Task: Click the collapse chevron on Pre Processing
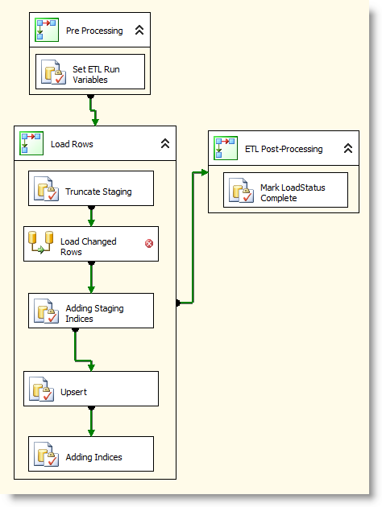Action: click(139, 30)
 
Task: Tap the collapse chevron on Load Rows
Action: click(165, 143)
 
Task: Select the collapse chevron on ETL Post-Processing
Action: click(348, 148)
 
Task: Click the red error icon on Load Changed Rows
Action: click(149, 243)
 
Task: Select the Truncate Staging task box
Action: click(91, 188)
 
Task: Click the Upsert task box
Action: click(91, 389)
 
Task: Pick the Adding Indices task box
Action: click(91, 454)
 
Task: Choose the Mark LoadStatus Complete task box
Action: click(285, 190)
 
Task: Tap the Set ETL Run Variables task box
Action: click(90, 72)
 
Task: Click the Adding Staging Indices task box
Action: click(91, 311)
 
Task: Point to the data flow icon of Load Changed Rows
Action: click(41, 242)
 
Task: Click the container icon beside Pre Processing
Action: click(47, 30)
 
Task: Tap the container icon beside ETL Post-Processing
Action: click(226, 148)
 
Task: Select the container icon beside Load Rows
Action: click(31, 143)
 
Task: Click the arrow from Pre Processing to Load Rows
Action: click(93, 110)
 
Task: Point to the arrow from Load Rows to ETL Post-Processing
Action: click(193, 237)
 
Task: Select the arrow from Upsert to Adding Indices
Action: click(91, 422)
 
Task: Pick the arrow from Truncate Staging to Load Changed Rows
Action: click(91, 216)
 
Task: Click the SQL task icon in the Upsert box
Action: click(41, 389)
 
